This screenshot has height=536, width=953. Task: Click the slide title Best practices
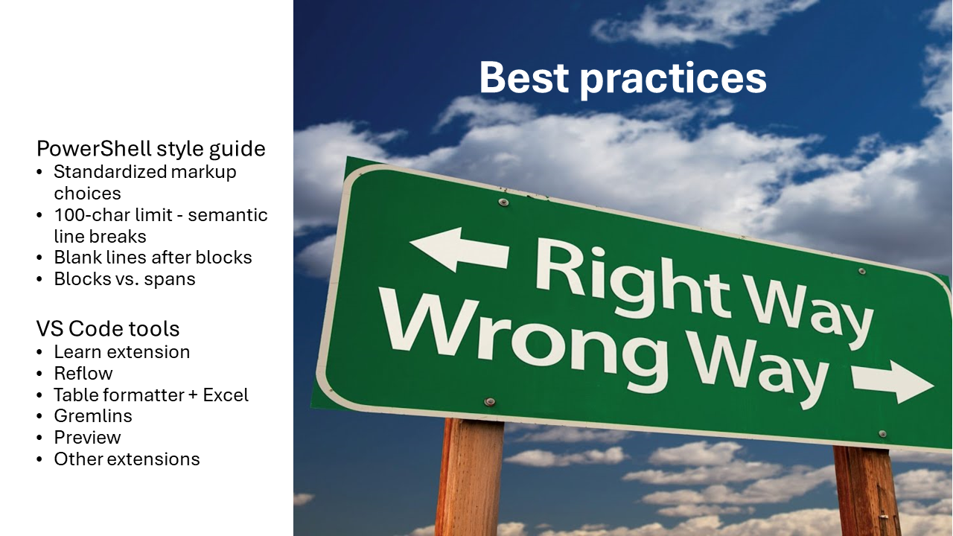(x=622, y=78)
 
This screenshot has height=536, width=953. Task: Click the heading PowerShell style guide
(x=150, y=149)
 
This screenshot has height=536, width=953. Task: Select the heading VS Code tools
(x=108, y=329)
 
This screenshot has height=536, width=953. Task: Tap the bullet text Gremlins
(x=93, y=415)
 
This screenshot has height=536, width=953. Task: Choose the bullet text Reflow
(x=83, y=373)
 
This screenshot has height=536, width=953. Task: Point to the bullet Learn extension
(x=121, y=351)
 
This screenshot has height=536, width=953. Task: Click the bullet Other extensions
(x=127, y=459)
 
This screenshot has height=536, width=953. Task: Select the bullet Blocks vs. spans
(x=124, y=279)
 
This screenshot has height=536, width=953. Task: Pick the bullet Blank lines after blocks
(x=153, y=258)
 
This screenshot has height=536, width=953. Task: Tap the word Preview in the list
(x=87, y=437)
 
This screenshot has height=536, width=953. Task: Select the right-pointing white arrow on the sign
(x=892, y=380)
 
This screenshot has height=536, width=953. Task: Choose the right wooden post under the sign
(x=867, y=491)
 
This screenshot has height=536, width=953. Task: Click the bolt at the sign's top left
(x=503, y=202)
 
